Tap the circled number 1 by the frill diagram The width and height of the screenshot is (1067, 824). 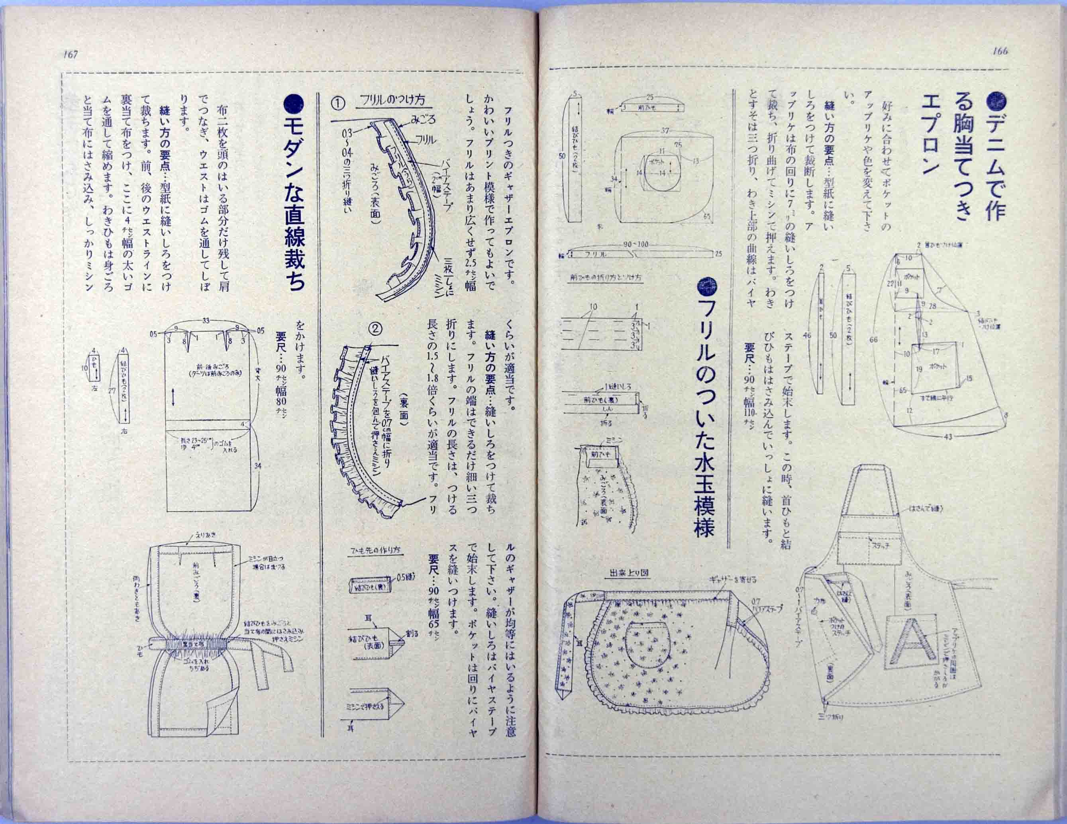338,103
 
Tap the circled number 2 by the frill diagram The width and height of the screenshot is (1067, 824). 375,329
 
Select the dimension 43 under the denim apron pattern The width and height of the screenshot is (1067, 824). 948,437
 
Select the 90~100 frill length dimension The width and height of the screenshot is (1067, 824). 635,244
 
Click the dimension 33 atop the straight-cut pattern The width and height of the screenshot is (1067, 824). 206,320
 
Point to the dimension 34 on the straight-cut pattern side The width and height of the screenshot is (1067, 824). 257,465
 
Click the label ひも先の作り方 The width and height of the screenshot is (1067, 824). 376,549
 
